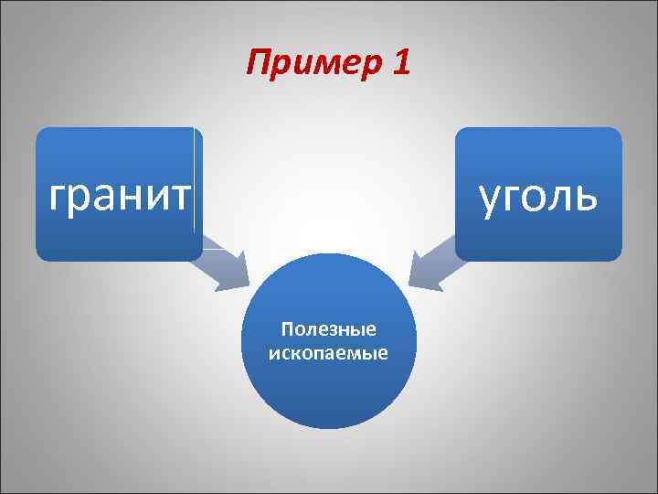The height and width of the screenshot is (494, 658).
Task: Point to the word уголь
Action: point(538,195)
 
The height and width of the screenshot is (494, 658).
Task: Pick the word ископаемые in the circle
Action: point(329,351)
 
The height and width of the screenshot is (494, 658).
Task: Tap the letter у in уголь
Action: point(489,198)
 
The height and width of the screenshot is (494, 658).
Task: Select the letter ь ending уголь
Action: point(589,195)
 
